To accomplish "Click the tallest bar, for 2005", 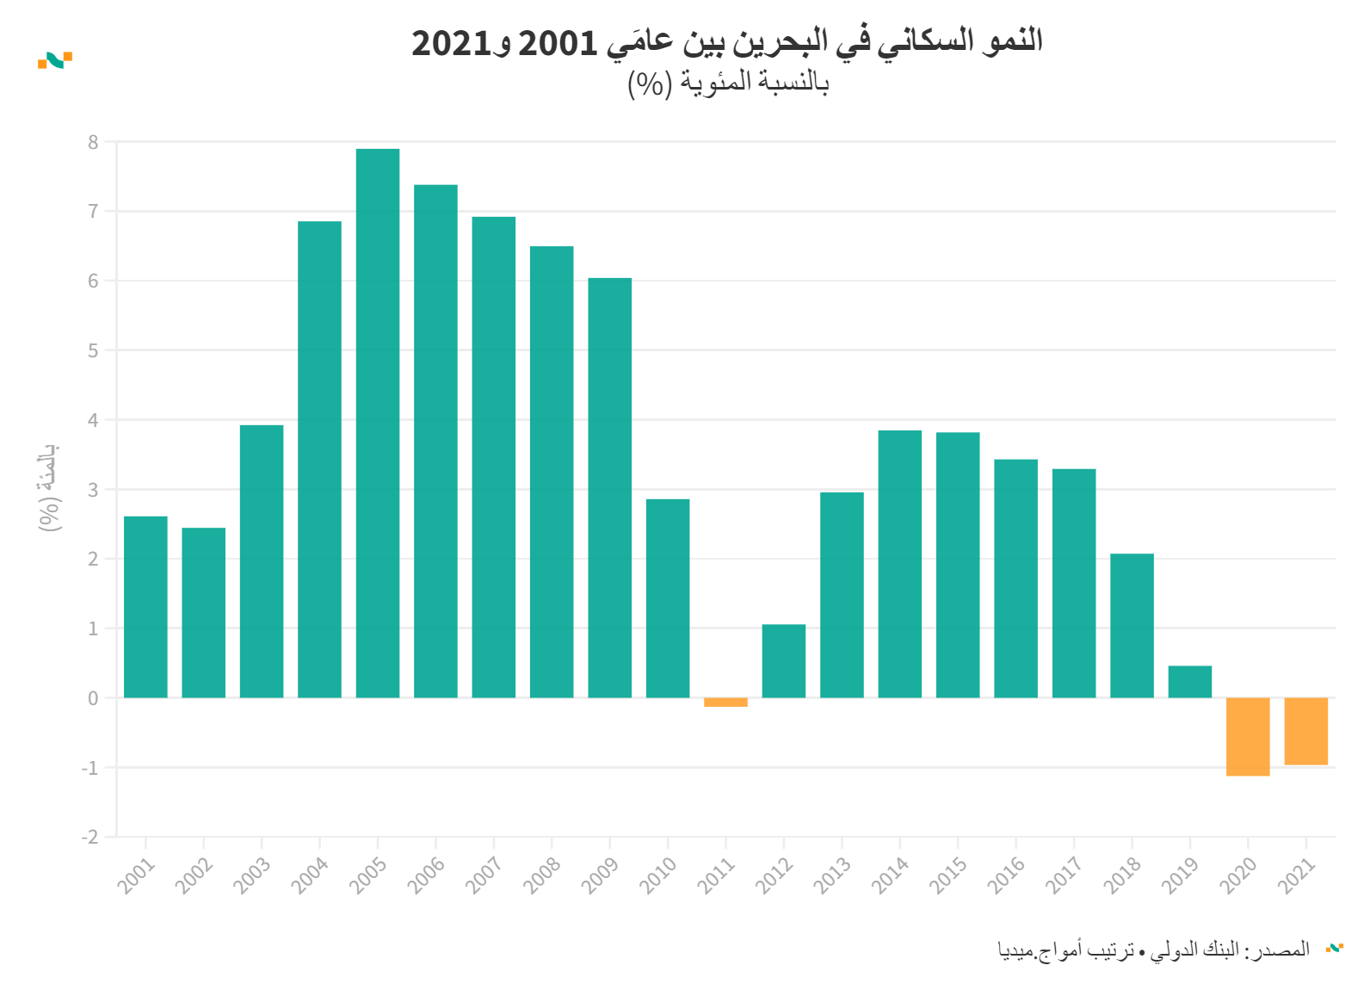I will [378, 422].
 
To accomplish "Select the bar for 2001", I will [145, 607].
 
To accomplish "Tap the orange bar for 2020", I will [1248, 737].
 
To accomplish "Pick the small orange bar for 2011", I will [725, 702].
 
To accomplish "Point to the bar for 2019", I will [1190, 682].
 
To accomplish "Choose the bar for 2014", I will [899, 564].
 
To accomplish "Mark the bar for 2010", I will [668, 598].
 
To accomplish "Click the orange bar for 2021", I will [1305, 732].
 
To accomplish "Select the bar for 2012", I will [784, 661].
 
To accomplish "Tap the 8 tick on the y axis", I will [93, 142].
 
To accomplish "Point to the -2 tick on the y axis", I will [89, 837].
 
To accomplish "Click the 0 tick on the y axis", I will [93, 698].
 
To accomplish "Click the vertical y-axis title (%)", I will [49, 487].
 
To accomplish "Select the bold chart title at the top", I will [726, 41].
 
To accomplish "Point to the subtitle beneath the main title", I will [728, 83].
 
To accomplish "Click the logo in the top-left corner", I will [54, 59].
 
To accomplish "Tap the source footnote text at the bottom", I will [1153, 950].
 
